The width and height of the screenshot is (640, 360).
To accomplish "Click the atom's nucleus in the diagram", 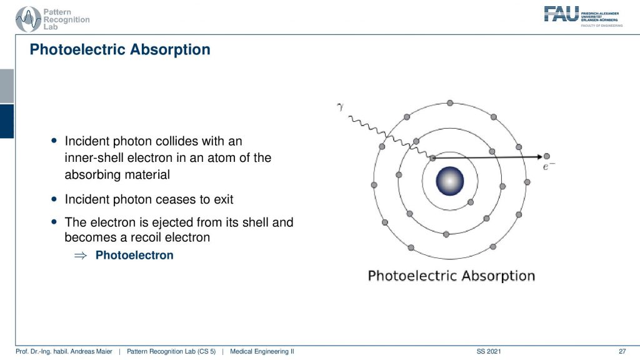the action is click(450, 181).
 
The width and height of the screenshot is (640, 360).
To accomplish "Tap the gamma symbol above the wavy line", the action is click(340, 107).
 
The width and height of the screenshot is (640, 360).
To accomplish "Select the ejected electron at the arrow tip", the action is click(546, 156).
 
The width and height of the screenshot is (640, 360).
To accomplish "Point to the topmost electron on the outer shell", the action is click(450, 103).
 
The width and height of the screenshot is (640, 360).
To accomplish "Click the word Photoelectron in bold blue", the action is click(134, 255).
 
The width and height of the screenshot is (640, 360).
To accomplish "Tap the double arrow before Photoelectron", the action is click(81, 256).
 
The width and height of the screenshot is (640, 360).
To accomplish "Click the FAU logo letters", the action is click(561, 14).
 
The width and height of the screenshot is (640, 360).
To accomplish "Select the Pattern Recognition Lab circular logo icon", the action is click(27, 19).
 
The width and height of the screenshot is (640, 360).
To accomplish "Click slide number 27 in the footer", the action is click(622, 351).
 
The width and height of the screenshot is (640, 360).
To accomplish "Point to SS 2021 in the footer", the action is click(489, 351).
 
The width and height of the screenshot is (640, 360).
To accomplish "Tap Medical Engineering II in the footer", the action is click(262, 351).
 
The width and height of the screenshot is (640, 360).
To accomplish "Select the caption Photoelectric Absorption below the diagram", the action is click(451, 276).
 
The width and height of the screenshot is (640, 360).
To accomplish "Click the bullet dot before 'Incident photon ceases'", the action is click(54, 199).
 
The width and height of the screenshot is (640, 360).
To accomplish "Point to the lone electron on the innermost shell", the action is click(471, 202).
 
